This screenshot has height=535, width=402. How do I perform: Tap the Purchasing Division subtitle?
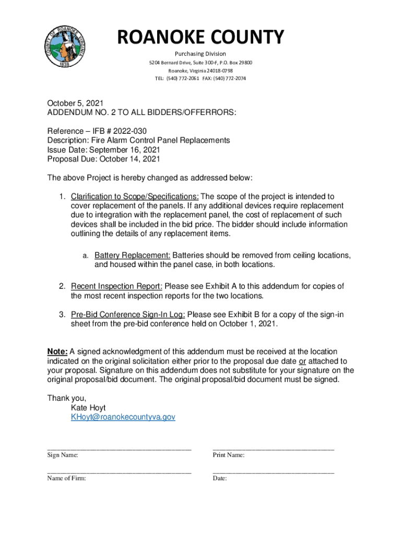pyautogui.click(x=200, y=54)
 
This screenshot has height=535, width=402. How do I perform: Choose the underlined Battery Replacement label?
pyautogui.click(x=132, y=255)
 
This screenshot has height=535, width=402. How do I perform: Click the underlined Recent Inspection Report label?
pyautogui.click(x=116, y=286)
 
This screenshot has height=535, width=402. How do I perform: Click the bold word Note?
pyautogui.click(x=57, y=352)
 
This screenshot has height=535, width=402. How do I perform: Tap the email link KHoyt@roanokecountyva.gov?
pyautogui.click(x=123, y=417)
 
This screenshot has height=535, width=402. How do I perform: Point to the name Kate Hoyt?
pyautogui.click(x=88, y=408)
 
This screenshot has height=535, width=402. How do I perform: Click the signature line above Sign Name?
pyautogui.click(x=119, y=448)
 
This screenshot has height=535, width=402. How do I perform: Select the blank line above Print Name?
pyautogui.click(x=273, y=448)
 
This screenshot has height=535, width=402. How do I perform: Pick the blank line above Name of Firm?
pyautogui.click(x=119, y=471)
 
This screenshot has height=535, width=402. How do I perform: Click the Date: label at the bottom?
pyautogui.click(x=220, y=478)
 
